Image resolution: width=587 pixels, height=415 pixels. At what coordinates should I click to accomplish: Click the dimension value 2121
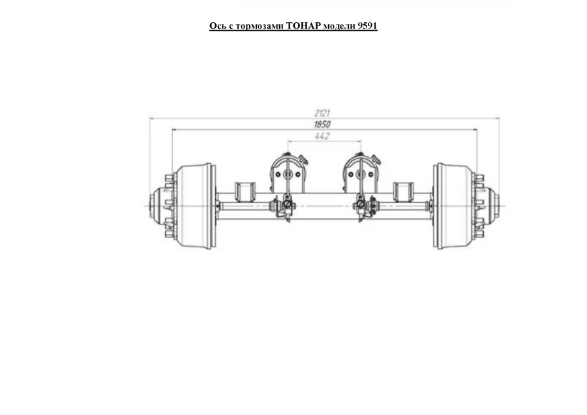pyautogui.click(x=322, y=113)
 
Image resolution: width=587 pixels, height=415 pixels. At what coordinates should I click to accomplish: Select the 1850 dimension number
pyautogui.click(x=322, y=124)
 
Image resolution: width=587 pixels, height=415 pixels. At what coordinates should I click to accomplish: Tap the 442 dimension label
pyautogui.click(x=322, y=136)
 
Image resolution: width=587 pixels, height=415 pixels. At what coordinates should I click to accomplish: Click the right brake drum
pyautogui.click(x=453, y=206)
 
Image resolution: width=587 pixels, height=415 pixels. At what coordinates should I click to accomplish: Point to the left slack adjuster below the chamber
pyautogui.click(x=285, y=207)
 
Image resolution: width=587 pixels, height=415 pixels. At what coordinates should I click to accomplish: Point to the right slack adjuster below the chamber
pyautogui.click(x=364, y=207)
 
